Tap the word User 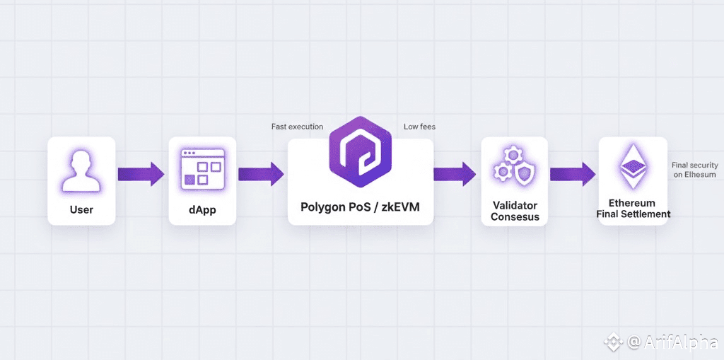tap(81, 209)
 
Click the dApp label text tap(202, 209)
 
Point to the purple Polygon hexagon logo tap(361, 151)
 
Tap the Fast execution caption tap(297, 127)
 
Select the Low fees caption tap(419, 127)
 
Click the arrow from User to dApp tap(141, 173)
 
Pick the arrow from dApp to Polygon tap(262, 173)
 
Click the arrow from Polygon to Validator tap(454, 173)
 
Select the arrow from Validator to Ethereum tap(572, 173)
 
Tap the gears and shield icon tap(514, 166)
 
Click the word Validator tap(515, 206)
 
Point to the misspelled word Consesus tap(515, 217)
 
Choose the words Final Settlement tap(633, 214)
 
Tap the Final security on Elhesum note tap(694, 170)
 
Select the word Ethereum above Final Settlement tap(633, 202)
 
